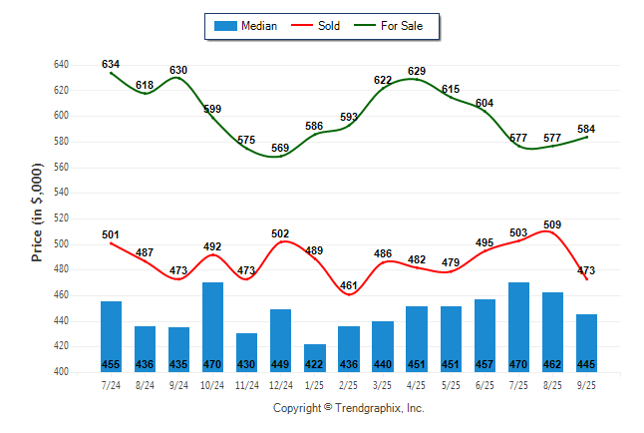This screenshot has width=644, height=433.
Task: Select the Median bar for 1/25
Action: tap(314, 358)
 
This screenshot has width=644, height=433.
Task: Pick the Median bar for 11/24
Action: tap(246, 352)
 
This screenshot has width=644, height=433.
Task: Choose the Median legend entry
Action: tap(247, 26)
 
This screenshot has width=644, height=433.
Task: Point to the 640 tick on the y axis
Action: tap(61, 65)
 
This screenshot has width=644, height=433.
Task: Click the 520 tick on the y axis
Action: tap(61, 218)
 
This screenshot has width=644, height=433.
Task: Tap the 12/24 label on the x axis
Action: tap(280, 384)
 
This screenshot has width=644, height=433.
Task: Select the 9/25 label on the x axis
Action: tap(586, 384)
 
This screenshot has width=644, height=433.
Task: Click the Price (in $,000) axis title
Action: tap(38, 218)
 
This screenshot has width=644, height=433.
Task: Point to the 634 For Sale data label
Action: tap(111, 64)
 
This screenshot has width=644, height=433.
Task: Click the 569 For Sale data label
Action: tap(280, 148)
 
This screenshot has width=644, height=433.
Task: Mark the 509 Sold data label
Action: tap(553, 224)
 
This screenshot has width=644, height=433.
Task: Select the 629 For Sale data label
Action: tap(417, 70)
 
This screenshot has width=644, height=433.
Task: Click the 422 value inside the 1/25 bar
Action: tap(314, 364)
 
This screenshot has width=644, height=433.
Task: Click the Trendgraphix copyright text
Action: tap(349, 408)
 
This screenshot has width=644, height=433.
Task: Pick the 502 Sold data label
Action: tap(280, 233)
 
